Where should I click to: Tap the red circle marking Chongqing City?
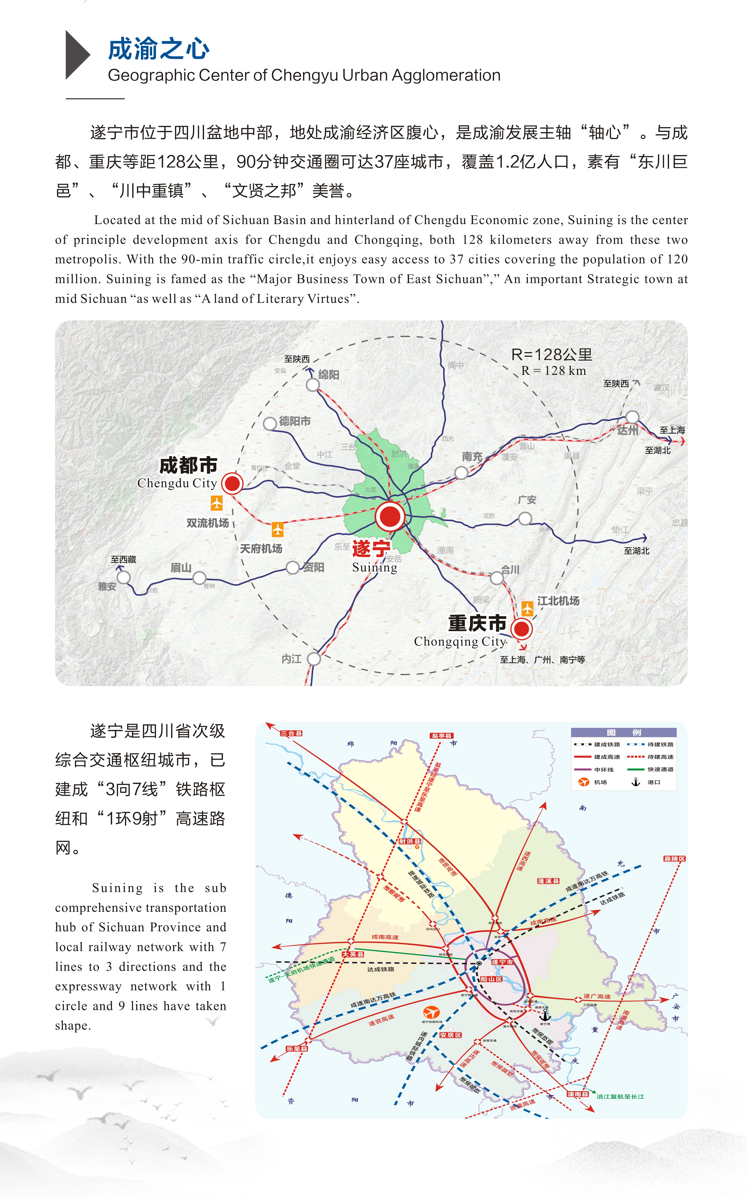click(521, 629)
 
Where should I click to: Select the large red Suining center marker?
click(390, 516)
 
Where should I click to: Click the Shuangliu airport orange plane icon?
click(216, 503)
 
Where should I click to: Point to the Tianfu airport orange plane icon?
click(278, 529)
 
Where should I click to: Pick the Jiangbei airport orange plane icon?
click(528, 608)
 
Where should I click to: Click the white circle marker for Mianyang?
click(313, 385)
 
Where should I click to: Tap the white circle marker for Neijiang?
click(314, 659)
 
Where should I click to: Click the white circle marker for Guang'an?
click(525, 518)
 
